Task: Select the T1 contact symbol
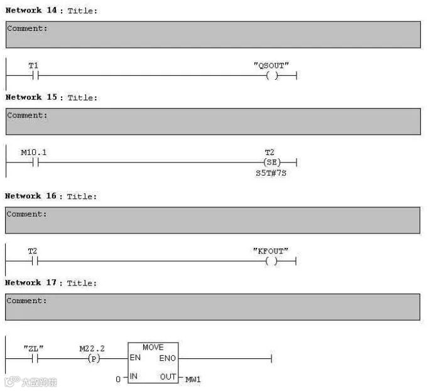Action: [x=34, y=76]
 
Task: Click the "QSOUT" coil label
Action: [x=271, y=65]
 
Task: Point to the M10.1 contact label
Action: [x=33, y=153]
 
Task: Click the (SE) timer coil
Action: [x=271, y=163]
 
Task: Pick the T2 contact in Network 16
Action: [x=34, y=262]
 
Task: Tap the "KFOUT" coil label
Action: [x=271, y=251]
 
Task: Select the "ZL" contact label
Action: [x=33, y=348]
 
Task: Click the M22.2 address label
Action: [x=92, y=348]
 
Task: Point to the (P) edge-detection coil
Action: [x=92, y=358]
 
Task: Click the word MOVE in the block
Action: [x=153, y=347]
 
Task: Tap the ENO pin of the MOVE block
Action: [x=167, y=358]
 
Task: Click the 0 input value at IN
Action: [x=117, y=379]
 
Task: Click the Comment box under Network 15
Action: [x=213, y=121]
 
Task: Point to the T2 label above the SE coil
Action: [x=271, y=153]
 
